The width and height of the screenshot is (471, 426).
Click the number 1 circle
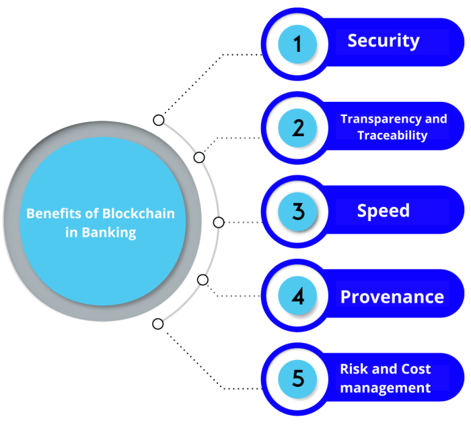(297, 44)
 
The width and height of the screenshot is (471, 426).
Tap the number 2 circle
(297, 127)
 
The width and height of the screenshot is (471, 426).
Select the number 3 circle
(297, 212)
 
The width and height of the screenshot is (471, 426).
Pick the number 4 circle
(297, 296)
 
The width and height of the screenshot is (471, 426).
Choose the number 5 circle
(297, 379)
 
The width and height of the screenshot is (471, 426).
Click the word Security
(384, 41)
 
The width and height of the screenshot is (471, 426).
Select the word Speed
(384, 210)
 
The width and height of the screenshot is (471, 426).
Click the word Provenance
(392, 297)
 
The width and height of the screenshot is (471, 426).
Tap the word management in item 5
(386, 388)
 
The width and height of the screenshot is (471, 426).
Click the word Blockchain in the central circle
(139, 214)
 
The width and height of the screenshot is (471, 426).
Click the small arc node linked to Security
(158, 120)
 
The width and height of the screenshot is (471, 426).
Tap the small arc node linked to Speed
(218, 222)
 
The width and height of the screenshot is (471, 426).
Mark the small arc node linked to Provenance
(203, 280)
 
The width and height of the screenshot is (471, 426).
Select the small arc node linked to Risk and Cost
(158, 324)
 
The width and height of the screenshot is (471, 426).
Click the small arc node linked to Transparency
(199, 157)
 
